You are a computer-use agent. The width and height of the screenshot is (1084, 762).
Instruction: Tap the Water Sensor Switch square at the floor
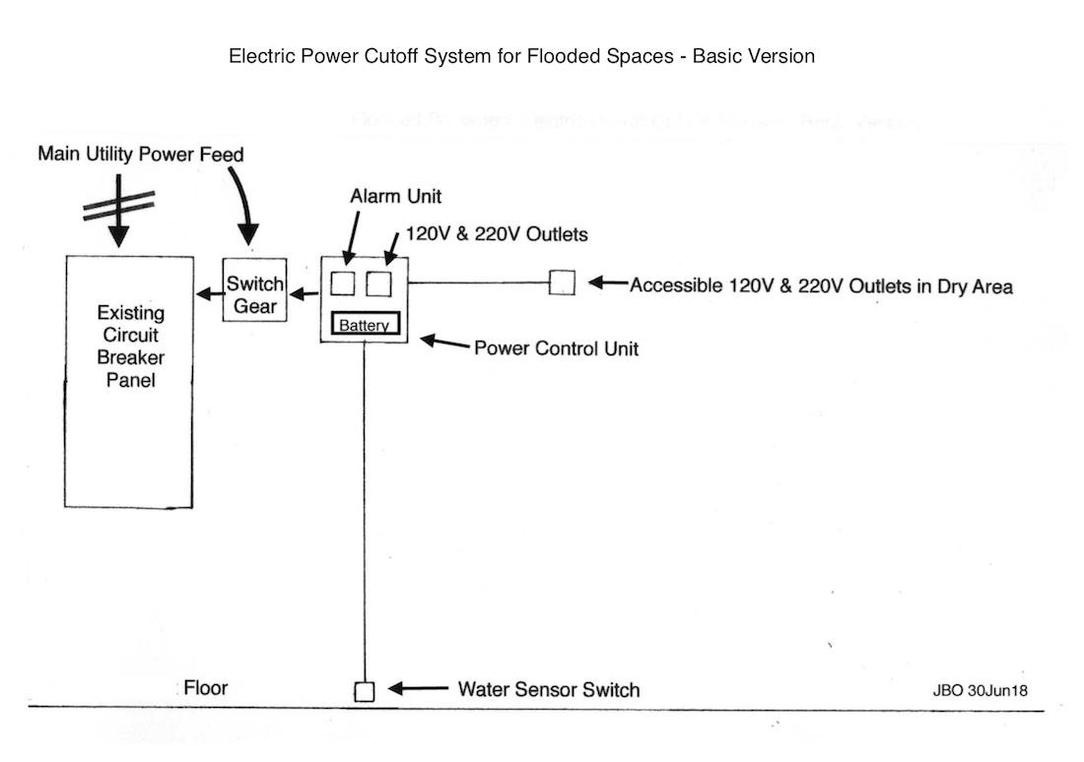364,691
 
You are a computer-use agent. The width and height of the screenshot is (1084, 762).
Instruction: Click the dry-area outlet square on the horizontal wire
562,283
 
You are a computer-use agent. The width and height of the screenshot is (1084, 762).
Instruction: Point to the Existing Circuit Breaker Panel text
131,347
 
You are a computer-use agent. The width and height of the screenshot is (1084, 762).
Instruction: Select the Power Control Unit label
556,348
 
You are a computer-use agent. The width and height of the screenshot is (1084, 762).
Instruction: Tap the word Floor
205,688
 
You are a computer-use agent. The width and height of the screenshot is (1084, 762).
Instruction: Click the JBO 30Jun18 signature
981,690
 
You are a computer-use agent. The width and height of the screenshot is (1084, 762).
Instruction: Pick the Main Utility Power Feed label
140,155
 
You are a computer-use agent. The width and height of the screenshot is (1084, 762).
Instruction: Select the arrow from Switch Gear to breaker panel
208,293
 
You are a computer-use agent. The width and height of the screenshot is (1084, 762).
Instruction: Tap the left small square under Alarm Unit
341,284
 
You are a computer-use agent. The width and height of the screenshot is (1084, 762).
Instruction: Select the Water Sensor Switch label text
548,689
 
